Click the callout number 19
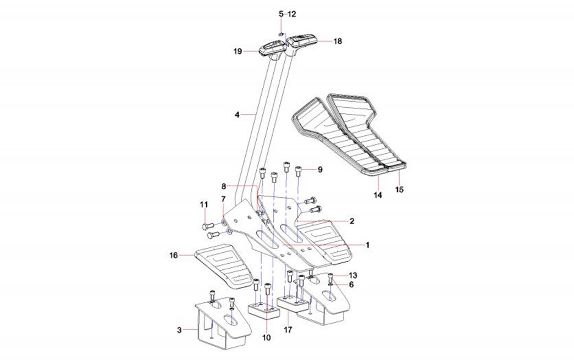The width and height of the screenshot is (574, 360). click(238, 51)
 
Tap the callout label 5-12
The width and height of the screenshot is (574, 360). click(287, 13)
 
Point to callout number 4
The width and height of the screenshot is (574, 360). click(237, 115)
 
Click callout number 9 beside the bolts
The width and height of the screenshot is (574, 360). click(319, 169)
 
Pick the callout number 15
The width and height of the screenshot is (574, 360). click(400, 190)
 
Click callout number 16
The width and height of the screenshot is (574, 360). click(174, 255)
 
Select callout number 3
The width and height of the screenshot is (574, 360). click(179, 330)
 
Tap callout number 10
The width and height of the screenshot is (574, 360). click(267, 337)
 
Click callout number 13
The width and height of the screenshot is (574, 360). click(352, 275)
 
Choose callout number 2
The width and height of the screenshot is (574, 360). click(351, 221)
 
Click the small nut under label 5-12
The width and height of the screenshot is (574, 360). click(280, 34)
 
